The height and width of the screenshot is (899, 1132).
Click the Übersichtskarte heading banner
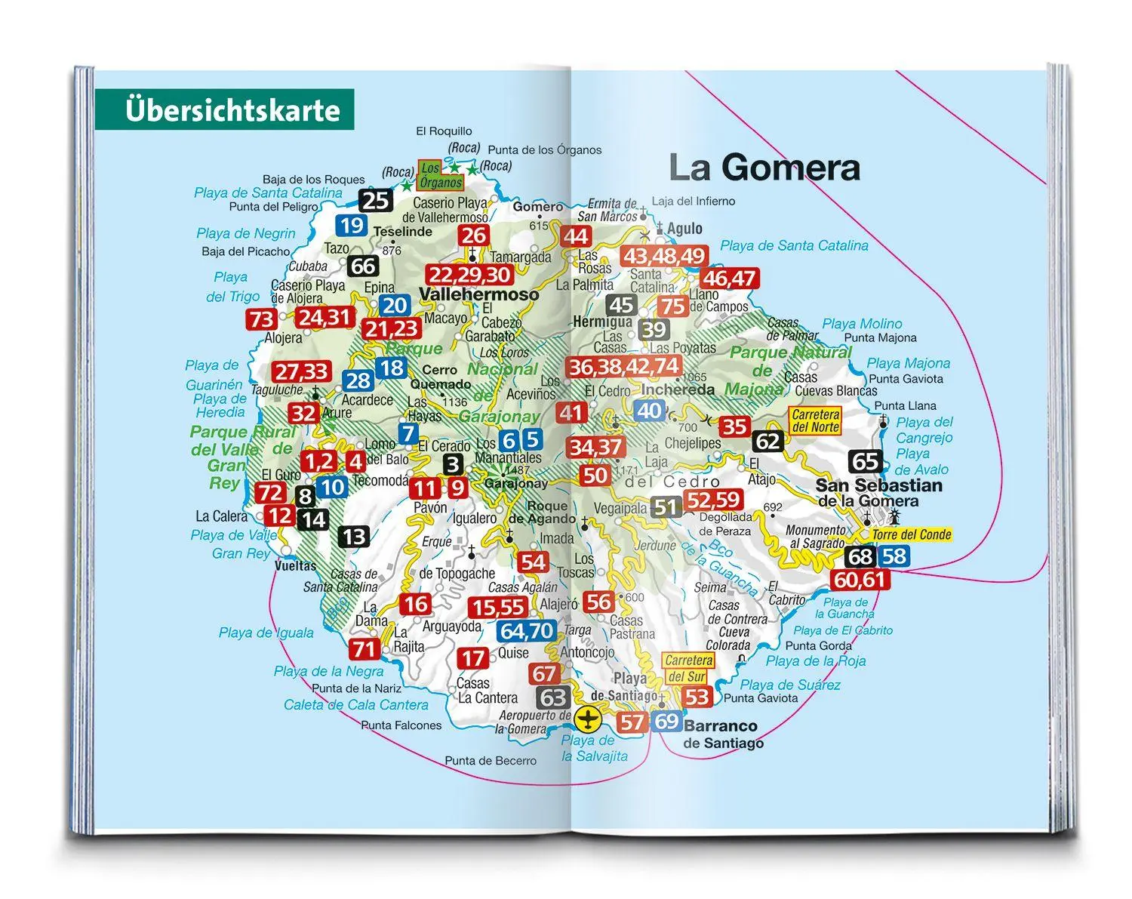[x=224, y=110]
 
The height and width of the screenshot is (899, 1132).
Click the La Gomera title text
[x=764, y=168]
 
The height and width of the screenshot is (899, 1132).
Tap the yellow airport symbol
[x=588, y=719]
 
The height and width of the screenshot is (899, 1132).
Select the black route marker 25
[x=375, y=201]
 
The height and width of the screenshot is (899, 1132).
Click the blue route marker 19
[x=352, y=225]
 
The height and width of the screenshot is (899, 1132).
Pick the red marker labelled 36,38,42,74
[x=624, y=367]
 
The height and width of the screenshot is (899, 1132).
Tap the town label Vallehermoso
[x=478, y=294]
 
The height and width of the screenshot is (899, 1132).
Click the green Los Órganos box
[x=441, y=175]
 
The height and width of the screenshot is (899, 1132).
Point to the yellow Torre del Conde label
[x=911, y=534]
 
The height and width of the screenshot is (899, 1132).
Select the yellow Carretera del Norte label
[x=815, y=420]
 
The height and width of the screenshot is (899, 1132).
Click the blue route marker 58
[x=894, y=557]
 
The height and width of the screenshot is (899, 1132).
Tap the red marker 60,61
[x=859, y=580]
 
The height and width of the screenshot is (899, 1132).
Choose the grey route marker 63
[x=552, y=697]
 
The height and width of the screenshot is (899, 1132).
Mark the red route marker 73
[x=261, y=319]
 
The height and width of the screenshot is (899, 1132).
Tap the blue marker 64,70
[x=527, y=630]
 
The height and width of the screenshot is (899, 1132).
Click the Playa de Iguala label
[x=266, y=633]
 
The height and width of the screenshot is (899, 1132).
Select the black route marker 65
[x=866, y=461]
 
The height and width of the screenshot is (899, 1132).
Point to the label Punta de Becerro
[x=491, y=760]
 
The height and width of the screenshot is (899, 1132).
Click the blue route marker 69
[x=666, y=721]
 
